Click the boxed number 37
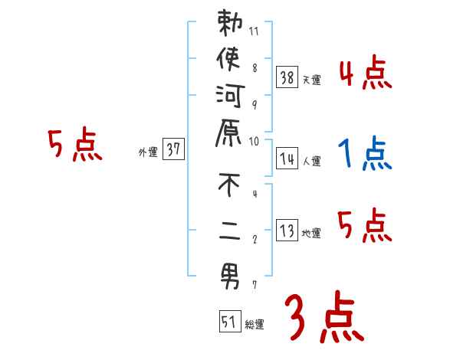point(174,150)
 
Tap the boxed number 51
point(229,322)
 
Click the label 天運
point(312,80)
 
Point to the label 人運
point(312,162)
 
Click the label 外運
point(148,152)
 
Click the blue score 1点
point(364,154)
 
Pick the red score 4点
point(365,74)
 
